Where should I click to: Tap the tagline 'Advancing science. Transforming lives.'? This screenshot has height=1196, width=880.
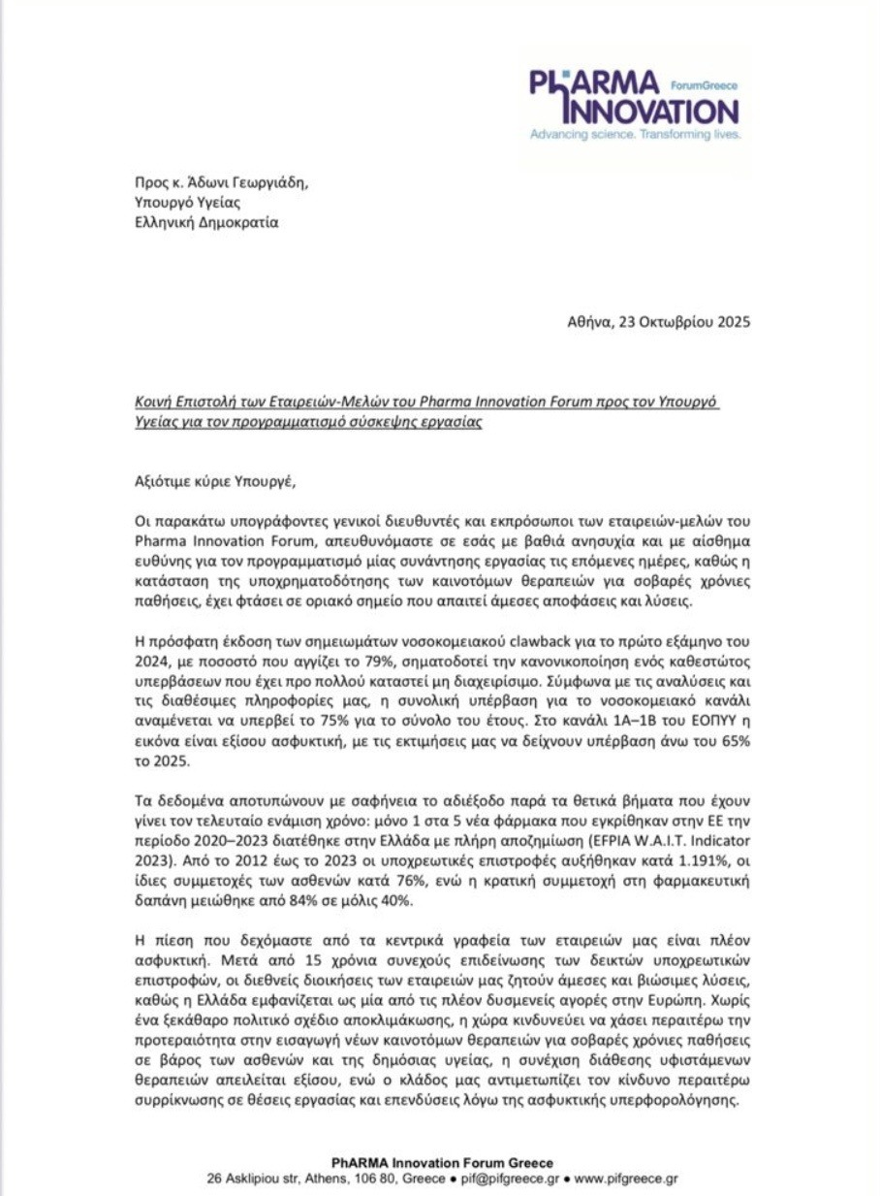point(635,135)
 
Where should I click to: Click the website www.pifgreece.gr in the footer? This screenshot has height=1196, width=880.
point(626,1179)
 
